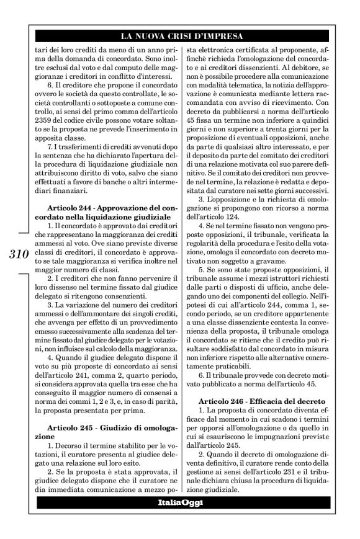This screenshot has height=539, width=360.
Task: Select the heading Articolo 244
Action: coord(68,206)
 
